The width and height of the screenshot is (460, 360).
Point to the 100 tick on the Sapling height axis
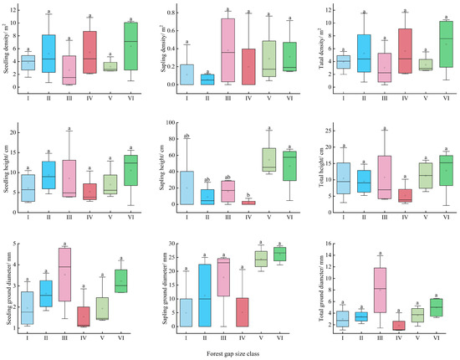pyautogui.click(x=172, y=122)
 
